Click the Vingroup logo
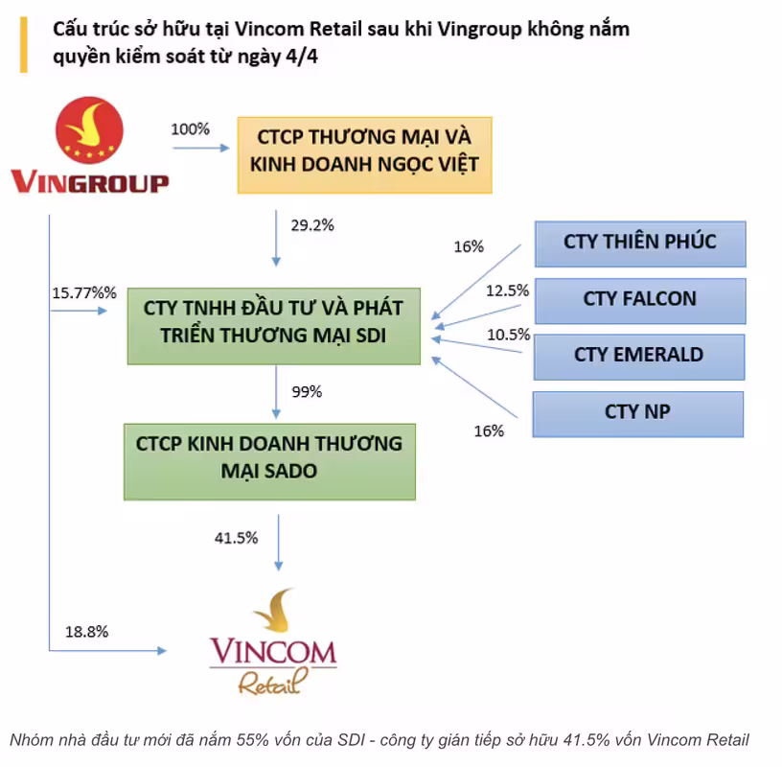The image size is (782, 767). click(90, 145)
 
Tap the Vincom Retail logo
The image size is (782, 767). click(273, 641)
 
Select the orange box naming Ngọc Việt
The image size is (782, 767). click(364, 155)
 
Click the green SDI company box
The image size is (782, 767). click(274, 326)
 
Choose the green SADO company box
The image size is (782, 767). click(270, 461)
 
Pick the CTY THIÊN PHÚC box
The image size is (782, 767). click(640, 244)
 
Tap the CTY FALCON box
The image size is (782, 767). click(640, 301)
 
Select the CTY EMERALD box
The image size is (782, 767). click(639, 358)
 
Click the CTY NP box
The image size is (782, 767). click(638, 414)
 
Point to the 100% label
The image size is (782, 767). click(190, 129)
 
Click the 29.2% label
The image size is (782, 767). click(312, 225)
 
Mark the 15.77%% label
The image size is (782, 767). click(84, 293)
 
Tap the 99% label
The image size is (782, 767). click(307, 392)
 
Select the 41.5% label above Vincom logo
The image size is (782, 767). click(236, 538)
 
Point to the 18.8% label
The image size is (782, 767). click(87, 632)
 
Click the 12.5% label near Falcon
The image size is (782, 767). click(507, 291)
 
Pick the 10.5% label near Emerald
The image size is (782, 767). click(508, 335)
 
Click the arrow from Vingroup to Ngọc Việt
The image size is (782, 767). click(201, 148)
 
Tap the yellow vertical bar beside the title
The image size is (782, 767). click(23, 45)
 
